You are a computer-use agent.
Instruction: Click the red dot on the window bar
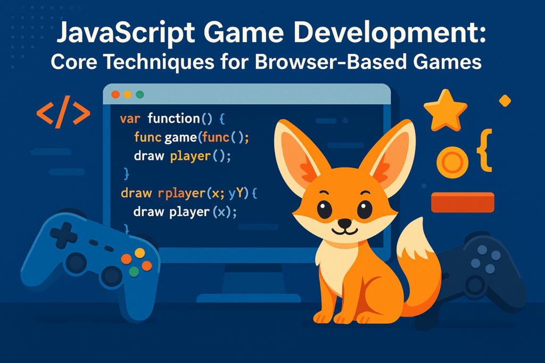(114, 95)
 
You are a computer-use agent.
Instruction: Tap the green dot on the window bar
(140, 95)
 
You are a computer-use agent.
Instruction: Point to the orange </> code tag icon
(63, 113)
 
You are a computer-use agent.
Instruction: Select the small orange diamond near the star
(505, 100)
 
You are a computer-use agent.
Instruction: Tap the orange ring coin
(452, 162)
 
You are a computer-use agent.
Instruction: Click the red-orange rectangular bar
(463, 202)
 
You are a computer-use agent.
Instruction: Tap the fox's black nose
(345, 223)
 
